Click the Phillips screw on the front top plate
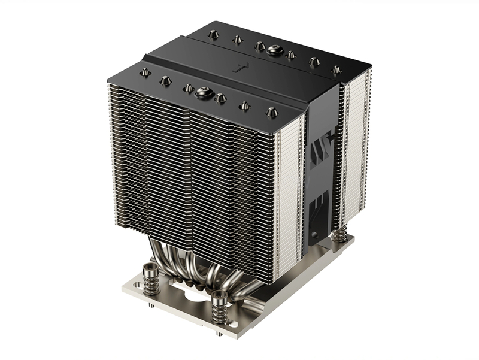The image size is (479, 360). pyautogui.click(x=204, y=92)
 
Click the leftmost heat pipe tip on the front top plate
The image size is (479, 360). pyautogui.click(x=144, y=72)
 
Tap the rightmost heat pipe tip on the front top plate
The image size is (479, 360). pyautogui.click(x=271, y=111)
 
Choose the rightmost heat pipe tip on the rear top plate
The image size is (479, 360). pyautogui.click(x=336, y=70)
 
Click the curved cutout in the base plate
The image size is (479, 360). pyautogui.click(x=192, y=294)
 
